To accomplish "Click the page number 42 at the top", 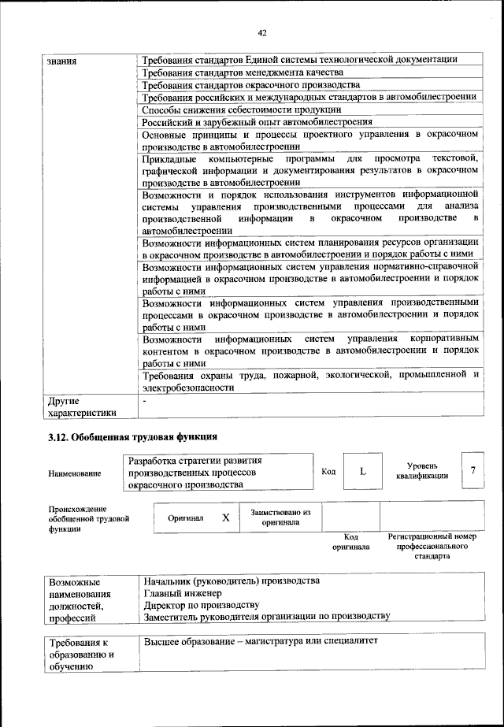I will (262, 32).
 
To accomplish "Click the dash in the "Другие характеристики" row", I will (145, 401).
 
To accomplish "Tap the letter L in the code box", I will (362, 471).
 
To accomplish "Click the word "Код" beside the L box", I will (328, 472).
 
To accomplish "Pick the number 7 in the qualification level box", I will (472, 470).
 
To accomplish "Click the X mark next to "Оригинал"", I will (226, 518).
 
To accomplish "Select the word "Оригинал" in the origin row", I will (186, 519).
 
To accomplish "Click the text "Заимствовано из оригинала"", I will (280, 517).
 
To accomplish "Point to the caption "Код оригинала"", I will (350, 541).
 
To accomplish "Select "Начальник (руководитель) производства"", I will (231, 580).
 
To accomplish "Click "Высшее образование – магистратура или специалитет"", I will (261, 640).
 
